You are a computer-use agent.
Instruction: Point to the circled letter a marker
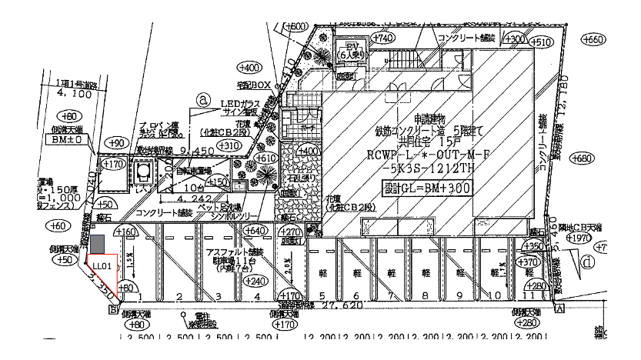pos(203,99)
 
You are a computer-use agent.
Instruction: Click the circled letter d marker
pos(589,261)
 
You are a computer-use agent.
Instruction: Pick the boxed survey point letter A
pos(559,307)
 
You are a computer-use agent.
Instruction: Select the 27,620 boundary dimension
pos(340,306)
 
